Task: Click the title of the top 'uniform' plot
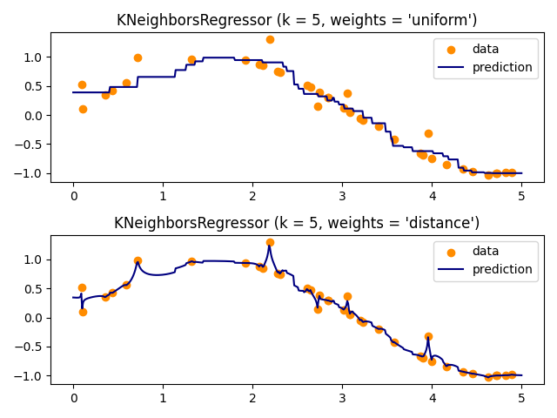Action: (x=297, y=20)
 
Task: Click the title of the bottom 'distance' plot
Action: (x=297, y=223)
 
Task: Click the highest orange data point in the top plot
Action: (x=270, y=39)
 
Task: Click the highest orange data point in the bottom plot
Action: (x=270, y=242)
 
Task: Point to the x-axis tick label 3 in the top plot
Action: (x=342, y=194)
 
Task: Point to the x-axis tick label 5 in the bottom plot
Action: (x=521, y=397)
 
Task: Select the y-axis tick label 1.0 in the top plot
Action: (x=33, y=57)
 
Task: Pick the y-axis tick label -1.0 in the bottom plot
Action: (x=30, y=376)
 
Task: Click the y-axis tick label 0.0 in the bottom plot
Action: (x=33, y=318)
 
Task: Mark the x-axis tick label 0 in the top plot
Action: (x=73, y=194)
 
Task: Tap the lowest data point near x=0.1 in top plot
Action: (x=83, y=109)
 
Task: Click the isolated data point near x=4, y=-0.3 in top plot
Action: (x=428, y=133)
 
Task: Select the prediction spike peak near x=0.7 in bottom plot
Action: (x=138, y=261)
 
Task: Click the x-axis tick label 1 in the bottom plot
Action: (x=163, y=397)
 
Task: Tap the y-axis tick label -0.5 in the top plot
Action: (x=30, y=145)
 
